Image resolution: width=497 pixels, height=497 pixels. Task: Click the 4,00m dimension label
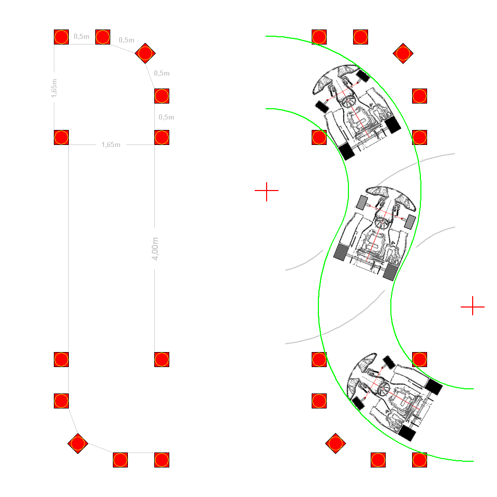pos(155,248)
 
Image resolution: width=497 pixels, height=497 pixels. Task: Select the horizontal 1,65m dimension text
pos(111,145)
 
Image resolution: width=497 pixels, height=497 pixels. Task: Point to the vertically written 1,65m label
pos(54,88)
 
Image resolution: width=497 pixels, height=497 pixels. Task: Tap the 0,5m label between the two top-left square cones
pos(81,36)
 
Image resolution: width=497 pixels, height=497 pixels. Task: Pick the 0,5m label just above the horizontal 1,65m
pos(166,118)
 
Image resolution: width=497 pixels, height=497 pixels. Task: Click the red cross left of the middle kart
pos(267,191)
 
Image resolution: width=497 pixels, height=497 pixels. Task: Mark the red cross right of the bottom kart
pos(473,306)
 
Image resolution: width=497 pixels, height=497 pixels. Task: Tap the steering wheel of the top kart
pos(348,101)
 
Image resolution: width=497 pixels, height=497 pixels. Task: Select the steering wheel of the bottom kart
pos(383,388)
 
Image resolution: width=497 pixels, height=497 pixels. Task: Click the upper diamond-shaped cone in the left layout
pos(145,53)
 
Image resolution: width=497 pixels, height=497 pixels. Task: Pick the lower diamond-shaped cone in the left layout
pos(78,444)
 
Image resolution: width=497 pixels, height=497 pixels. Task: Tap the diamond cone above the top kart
pos(403,53)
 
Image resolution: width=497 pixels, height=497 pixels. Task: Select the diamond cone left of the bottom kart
pos(335,444)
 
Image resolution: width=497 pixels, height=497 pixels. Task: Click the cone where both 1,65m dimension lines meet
pos(61,138)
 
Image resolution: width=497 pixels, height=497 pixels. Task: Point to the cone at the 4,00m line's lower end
pos(162,359)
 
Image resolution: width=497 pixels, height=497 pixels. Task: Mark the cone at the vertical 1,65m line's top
pos(61,37)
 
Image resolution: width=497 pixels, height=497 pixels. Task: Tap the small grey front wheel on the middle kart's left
pos(362,202)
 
